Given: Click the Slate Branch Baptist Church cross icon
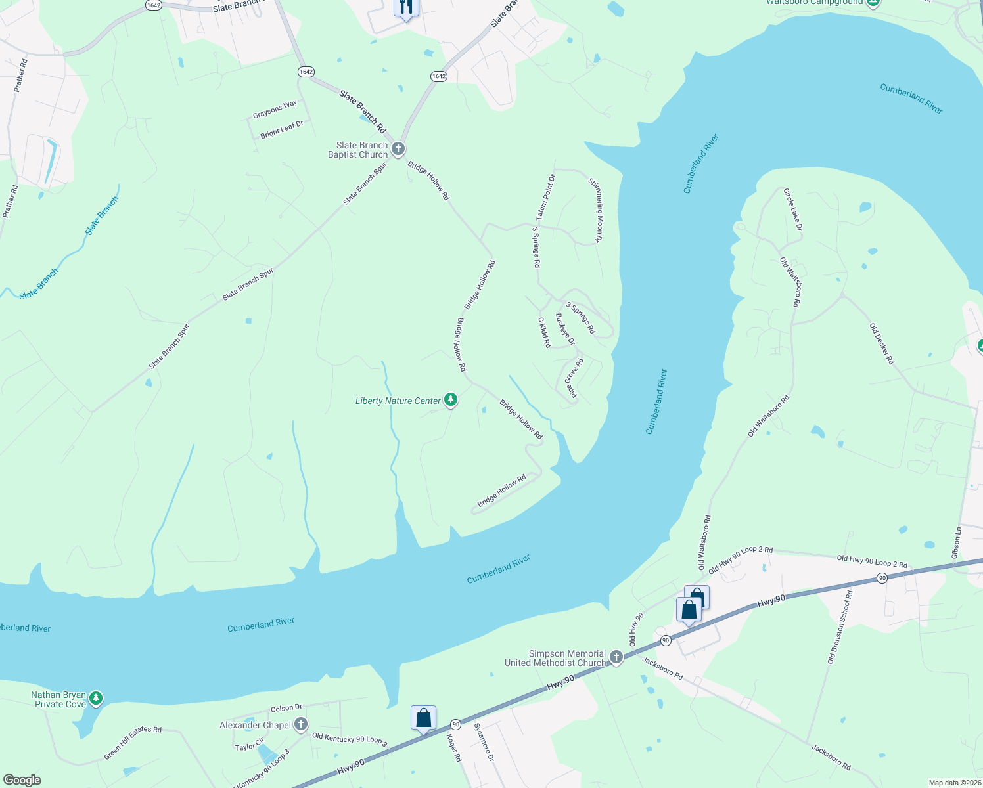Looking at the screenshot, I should (398, 149).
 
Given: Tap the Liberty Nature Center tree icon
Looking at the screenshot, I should (450, 399).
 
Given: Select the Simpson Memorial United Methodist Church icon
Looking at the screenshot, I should (616, 657).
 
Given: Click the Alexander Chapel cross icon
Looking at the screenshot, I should (300, 724).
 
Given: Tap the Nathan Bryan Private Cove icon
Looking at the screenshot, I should (96, 698).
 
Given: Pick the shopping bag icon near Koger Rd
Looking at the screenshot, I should (423, 717).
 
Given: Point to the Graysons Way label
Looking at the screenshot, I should (275, 110).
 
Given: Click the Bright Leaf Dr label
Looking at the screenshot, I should (281, 130).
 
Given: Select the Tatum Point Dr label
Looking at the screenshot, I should (545, 197).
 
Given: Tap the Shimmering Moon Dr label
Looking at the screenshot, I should (595, 210).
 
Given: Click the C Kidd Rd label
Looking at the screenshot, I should (544, 332).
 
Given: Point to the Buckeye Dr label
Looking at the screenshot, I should (565, 329).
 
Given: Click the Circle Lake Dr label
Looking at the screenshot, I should (792, 209).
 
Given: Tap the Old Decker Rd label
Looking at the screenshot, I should (882, 344).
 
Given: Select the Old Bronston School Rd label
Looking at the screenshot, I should (840, 627).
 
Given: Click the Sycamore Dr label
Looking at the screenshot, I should (484, 742).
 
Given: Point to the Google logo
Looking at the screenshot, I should (22, 780).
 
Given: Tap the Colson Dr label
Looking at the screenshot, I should (286, 708).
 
